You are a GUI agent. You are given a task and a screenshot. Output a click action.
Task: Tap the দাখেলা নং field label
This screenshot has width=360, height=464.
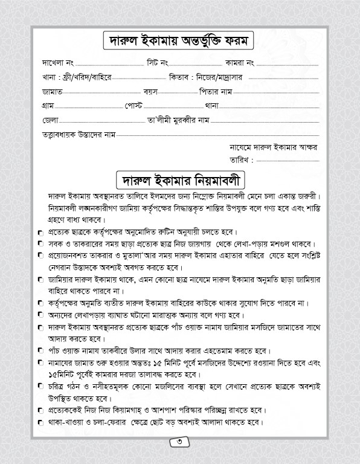[x=58, y=63]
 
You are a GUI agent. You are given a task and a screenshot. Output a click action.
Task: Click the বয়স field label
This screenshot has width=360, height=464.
[x=151, y=92]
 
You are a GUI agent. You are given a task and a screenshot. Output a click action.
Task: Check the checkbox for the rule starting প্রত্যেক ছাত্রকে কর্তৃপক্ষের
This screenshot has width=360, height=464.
[x=40, y=233]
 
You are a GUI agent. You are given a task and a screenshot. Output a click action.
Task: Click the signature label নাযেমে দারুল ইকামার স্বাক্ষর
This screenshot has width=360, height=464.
[x=274, y=147]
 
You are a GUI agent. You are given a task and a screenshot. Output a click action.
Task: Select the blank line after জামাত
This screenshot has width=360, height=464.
[x=102, y=93]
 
